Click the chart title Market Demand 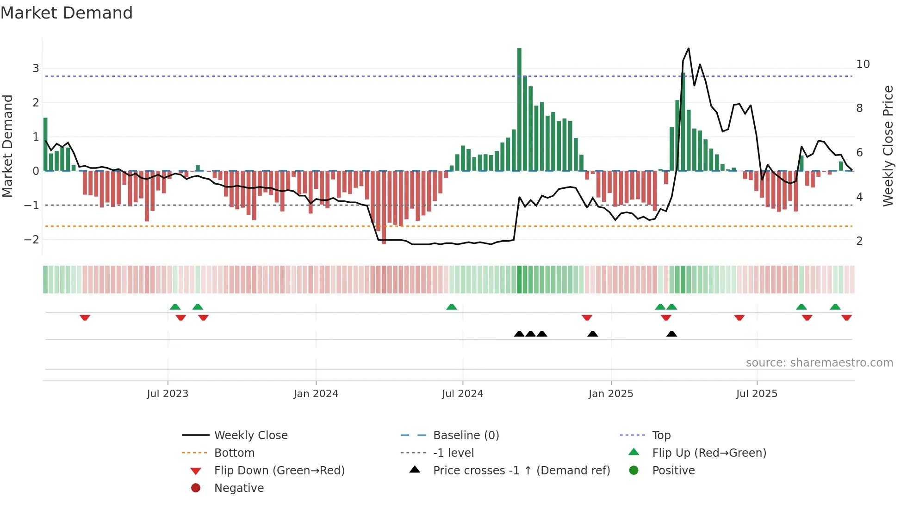pyautogui.click(x=67, y=13)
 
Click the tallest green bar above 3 pyautogui.click(x=519, y=109)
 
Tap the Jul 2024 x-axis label pyautogui.click(x=462, y=394)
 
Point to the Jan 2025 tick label pyautogui.click(x=611, y=394)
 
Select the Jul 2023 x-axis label pyautogui.click(x=168, y=394)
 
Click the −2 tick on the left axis pyautogui.click(x=31, y=240)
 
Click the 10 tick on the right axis pyautogui.click(x=863, y=64)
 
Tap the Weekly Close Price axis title pyautogui.click(x=888, y=146)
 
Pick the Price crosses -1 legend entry pyautogui.click(x=521, y=471)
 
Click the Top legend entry pyautogui.click(x=661, y=435)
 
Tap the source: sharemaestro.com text pyautogui.click(x=819, y=363)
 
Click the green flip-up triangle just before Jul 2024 pyautogui.click(x=452, y=307)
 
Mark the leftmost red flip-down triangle pyautogui.click(x=85, y=318)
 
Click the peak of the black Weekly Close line pyautogui.click(x=689, y=49)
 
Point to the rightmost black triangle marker pyautogui.click(x=671, y=334)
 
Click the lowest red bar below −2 pyautogui.click(x=384, y=208)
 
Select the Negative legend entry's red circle pyautogui.click(x=196, y=488)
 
